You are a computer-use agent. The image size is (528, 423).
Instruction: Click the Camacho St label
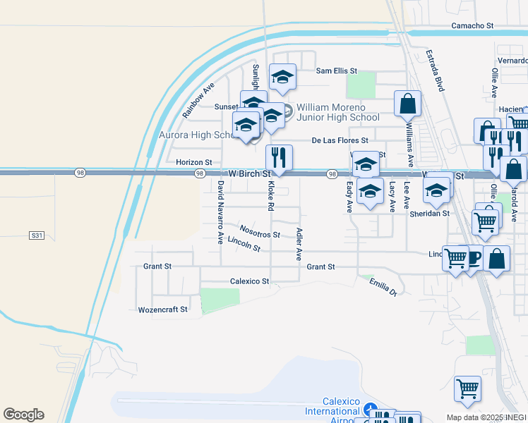point(472,26)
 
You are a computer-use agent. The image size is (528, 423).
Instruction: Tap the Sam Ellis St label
point(337,71)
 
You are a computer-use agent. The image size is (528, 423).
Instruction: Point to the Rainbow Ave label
point(198,101)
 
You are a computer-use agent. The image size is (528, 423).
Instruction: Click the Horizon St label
point(193,163)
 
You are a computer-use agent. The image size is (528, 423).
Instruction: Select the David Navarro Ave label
point(220,212)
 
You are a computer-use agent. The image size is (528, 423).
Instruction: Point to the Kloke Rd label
point(270,196)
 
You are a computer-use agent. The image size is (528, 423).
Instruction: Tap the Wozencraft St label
point(163,309)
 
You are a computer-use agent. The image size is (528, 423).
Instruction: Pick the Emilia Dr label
point(383,286)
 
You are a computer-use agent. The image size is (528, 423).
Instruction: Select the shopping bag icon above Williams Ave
point(407,105)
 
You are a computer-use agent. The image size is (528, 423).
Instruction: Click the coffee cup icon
point(471,257)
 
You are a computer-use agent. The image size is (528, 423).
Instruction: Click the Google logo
point(23,415)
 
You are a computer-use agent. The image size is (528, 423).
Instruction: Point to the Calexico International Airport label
point(332,411)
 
